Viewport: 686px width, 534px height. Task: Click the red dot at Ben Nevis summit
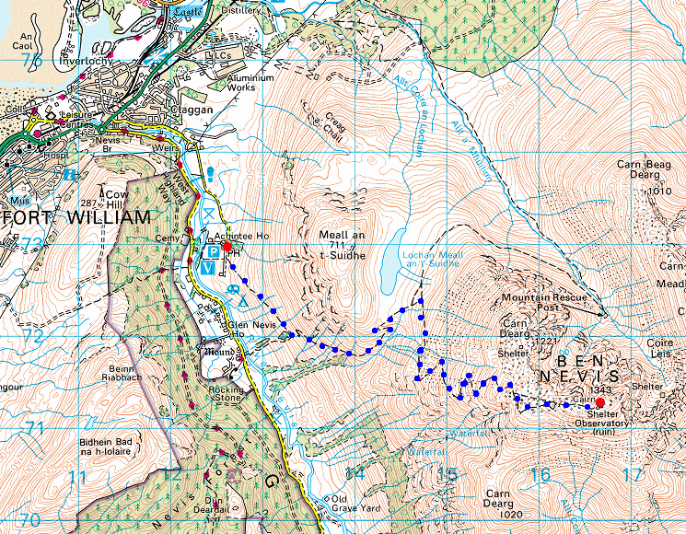click(x=599, y=402)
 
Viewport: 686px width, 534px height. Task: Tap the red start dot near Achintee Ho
click(x=227, y=247)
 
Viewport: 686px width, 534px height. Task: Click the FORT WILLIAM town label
click(x=76, y=218)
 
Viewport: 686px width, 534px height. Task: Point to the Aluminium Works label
click(x=250, y=84)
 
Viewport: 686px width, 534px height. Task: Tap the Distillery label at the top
click(x=242, y=10)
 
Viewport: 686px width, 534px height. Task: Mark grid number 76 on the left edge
click(x=34, y=61)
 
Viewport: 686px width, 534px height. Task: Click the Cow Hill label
click(x=115, y=200)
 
